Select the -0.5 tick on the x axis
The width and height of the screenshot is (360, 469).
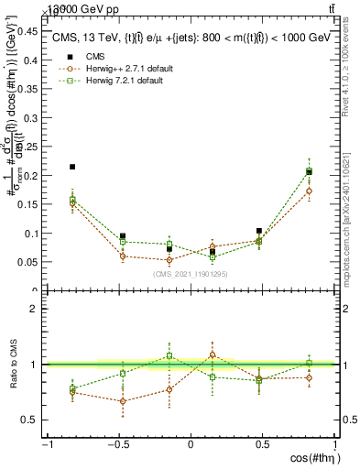pyautogui.click(x=118, y=444)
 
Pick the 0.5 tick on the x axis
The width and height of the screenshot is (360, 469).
pyautogui.click(x=262, y=444)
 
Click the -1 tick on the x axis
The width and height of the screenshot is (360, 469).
pyautogui.click(x=46, y=444)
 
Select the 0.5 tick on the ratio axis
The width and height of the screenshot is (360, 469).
pyautogui.click(x=35, y=420)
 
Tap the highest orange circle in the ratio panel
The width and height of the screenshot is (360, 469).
pyautogui.click(x=213, y=354)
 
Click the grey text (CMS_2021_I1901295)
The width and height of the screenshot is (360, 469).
pyautogui.click(x=191, y=274)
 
